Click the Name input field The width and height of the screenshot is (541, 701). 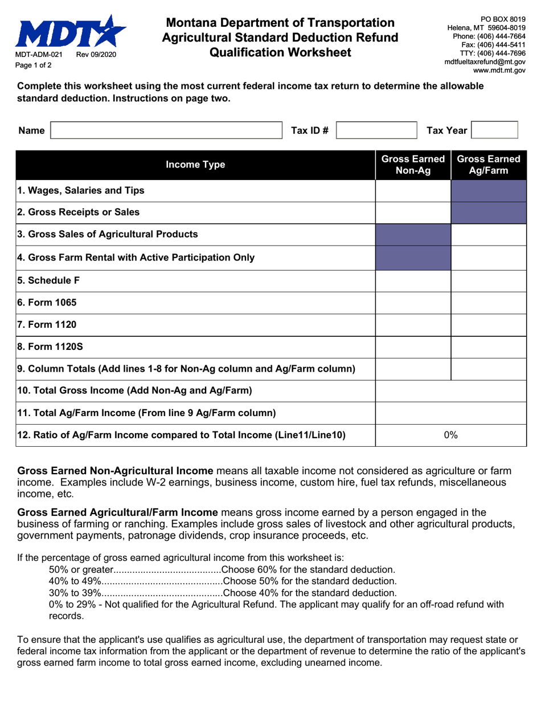pos(166,131)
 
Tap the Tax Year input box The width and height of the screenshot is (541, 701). pos(495,130)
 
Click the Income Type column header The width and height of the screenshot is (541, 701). pos(195,165)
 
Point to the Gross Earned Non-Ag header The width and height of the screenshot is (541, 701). pos(413,165)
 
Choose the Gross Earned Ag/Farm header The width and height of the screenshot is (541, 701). pos(489,165)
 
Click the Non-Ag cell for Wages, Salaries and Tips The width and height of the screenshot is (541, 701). pos(413,190)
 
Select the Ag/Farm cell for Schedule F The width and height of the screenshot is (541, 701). pos(489,280)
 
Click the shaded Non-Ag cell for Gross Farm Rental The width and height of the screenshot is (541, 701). pos(413,258)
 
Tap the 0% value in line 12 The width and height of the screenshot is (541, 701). pos(451,435)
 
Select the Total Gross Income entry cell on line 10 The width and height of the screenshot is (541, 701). pos(451,391)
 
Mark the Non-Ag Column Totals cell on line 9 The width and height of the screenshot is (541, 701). pos(413,369)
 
